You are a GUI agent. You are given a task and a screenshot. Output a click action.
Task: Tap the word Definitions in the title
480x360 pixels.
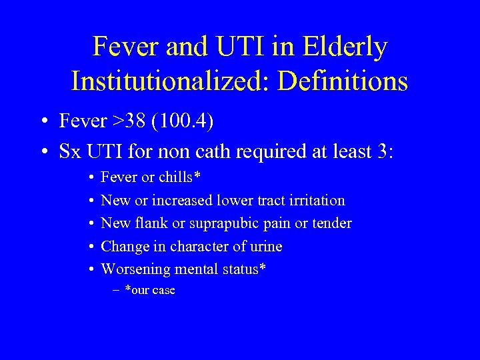point(343,81)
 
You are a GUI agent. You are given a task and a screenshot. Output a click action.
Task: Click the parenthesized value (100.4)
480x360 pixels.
point(190,121)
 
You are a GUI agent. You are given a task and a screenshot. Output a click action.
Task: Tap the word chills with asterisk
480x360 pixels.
point(179,177)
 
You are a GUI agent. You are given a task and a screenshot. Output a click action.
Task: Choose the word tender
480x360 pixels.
point(332,223)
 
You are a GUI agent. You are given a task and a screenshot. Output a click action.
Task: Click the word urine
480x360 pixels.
point(264,247)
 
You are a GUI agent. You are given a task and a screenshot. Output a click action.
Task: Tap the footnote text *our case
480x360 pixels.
point(150,291)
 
